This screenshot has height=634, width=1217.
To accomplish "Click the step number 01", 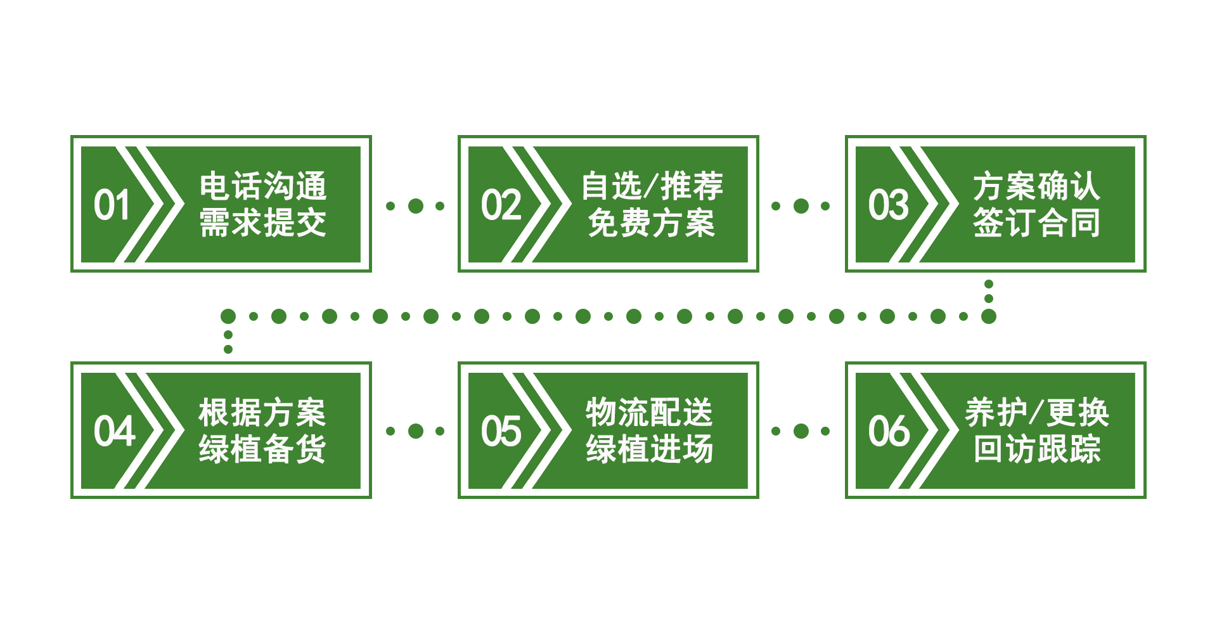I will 112,205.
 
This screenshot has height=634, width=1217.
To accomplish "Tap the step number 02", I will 501,205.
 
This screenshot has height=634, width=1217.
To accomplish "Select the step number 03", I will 888,205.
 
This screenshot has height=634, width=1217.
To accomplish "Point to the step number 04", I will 114,431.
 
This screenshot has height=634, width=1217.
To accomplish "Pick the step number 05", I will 501,431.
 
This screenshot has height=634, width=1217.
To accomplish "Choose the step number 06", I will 889,431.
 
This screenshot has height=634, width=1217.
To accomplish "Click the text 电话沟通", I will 262,186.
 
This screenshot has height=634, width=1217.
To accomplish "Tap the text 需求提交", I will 262,223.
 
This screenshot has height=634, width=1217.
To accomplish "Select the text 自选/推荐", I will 652,186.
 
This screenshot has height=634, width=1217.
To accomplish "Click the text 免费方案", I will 652,223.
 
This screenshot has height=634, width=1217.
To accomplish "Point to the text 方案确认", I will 1036,186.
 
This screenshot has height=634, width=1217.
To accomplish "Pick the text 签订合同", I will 1036,223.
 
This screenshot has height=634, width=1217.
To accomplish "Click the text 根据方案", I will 262,413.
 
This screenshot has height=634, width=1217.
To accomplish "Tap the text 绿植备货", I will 262,450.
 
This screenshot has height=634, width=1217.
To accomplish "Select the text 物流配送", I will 650,413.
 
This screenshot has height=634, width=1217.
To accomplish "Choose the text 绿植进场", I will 650,450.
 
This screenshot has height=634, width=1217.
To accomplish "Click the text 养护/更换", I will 1036,413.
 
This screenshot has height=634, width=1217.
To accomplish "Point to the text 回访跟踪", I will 1036,450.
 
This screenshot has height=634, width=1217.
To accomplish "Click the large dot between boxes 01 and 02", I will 416,205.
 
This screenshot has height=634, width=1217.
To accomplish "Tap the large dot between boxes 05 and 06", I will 801,431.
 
